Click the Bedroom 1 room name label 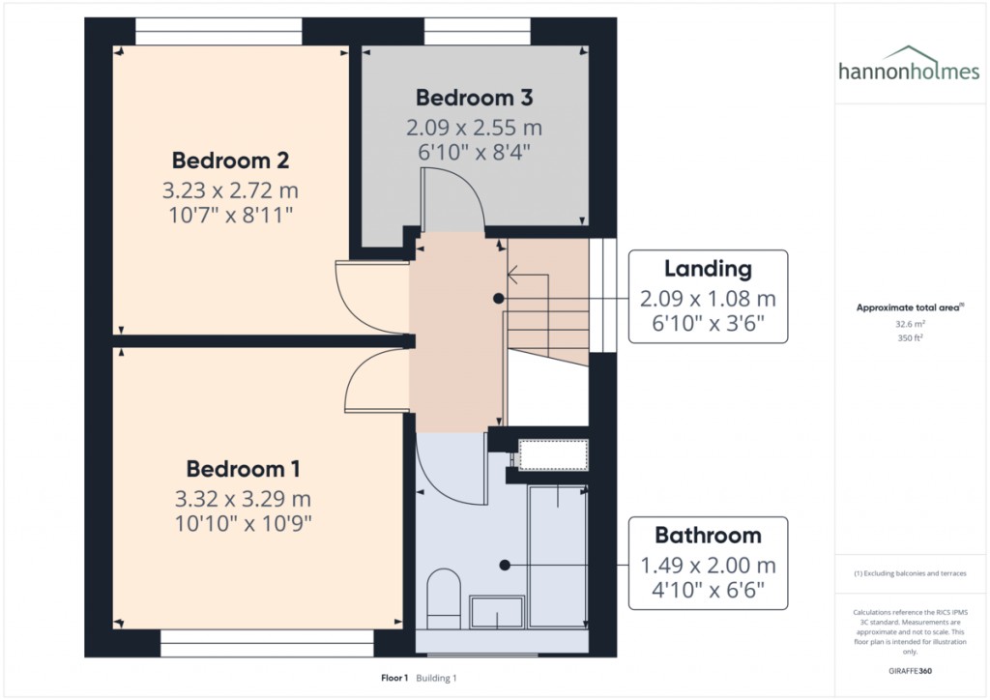tap(243, 469)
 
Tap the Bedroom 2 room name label tap(230, 160)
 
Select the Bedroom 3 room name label tap(474, 98)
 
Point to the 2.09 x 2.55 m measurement tap(474, 128)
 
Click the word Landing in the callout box tap(708, 269)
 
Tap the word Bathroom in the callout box tap(708, 535)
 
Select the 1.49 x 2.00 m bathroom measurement tap(708, 566)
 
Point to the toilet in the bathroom tap(444, 598)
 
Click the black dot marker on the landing tap(499, 299)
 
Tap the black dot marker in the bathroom tap(505, 565)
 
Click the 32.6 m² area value tap(909, 325)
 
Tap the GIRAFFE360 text tap(909, 670)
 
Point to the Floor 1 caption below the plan tap(394, 679)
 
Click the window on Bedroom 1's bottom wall tap(267, 636)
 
